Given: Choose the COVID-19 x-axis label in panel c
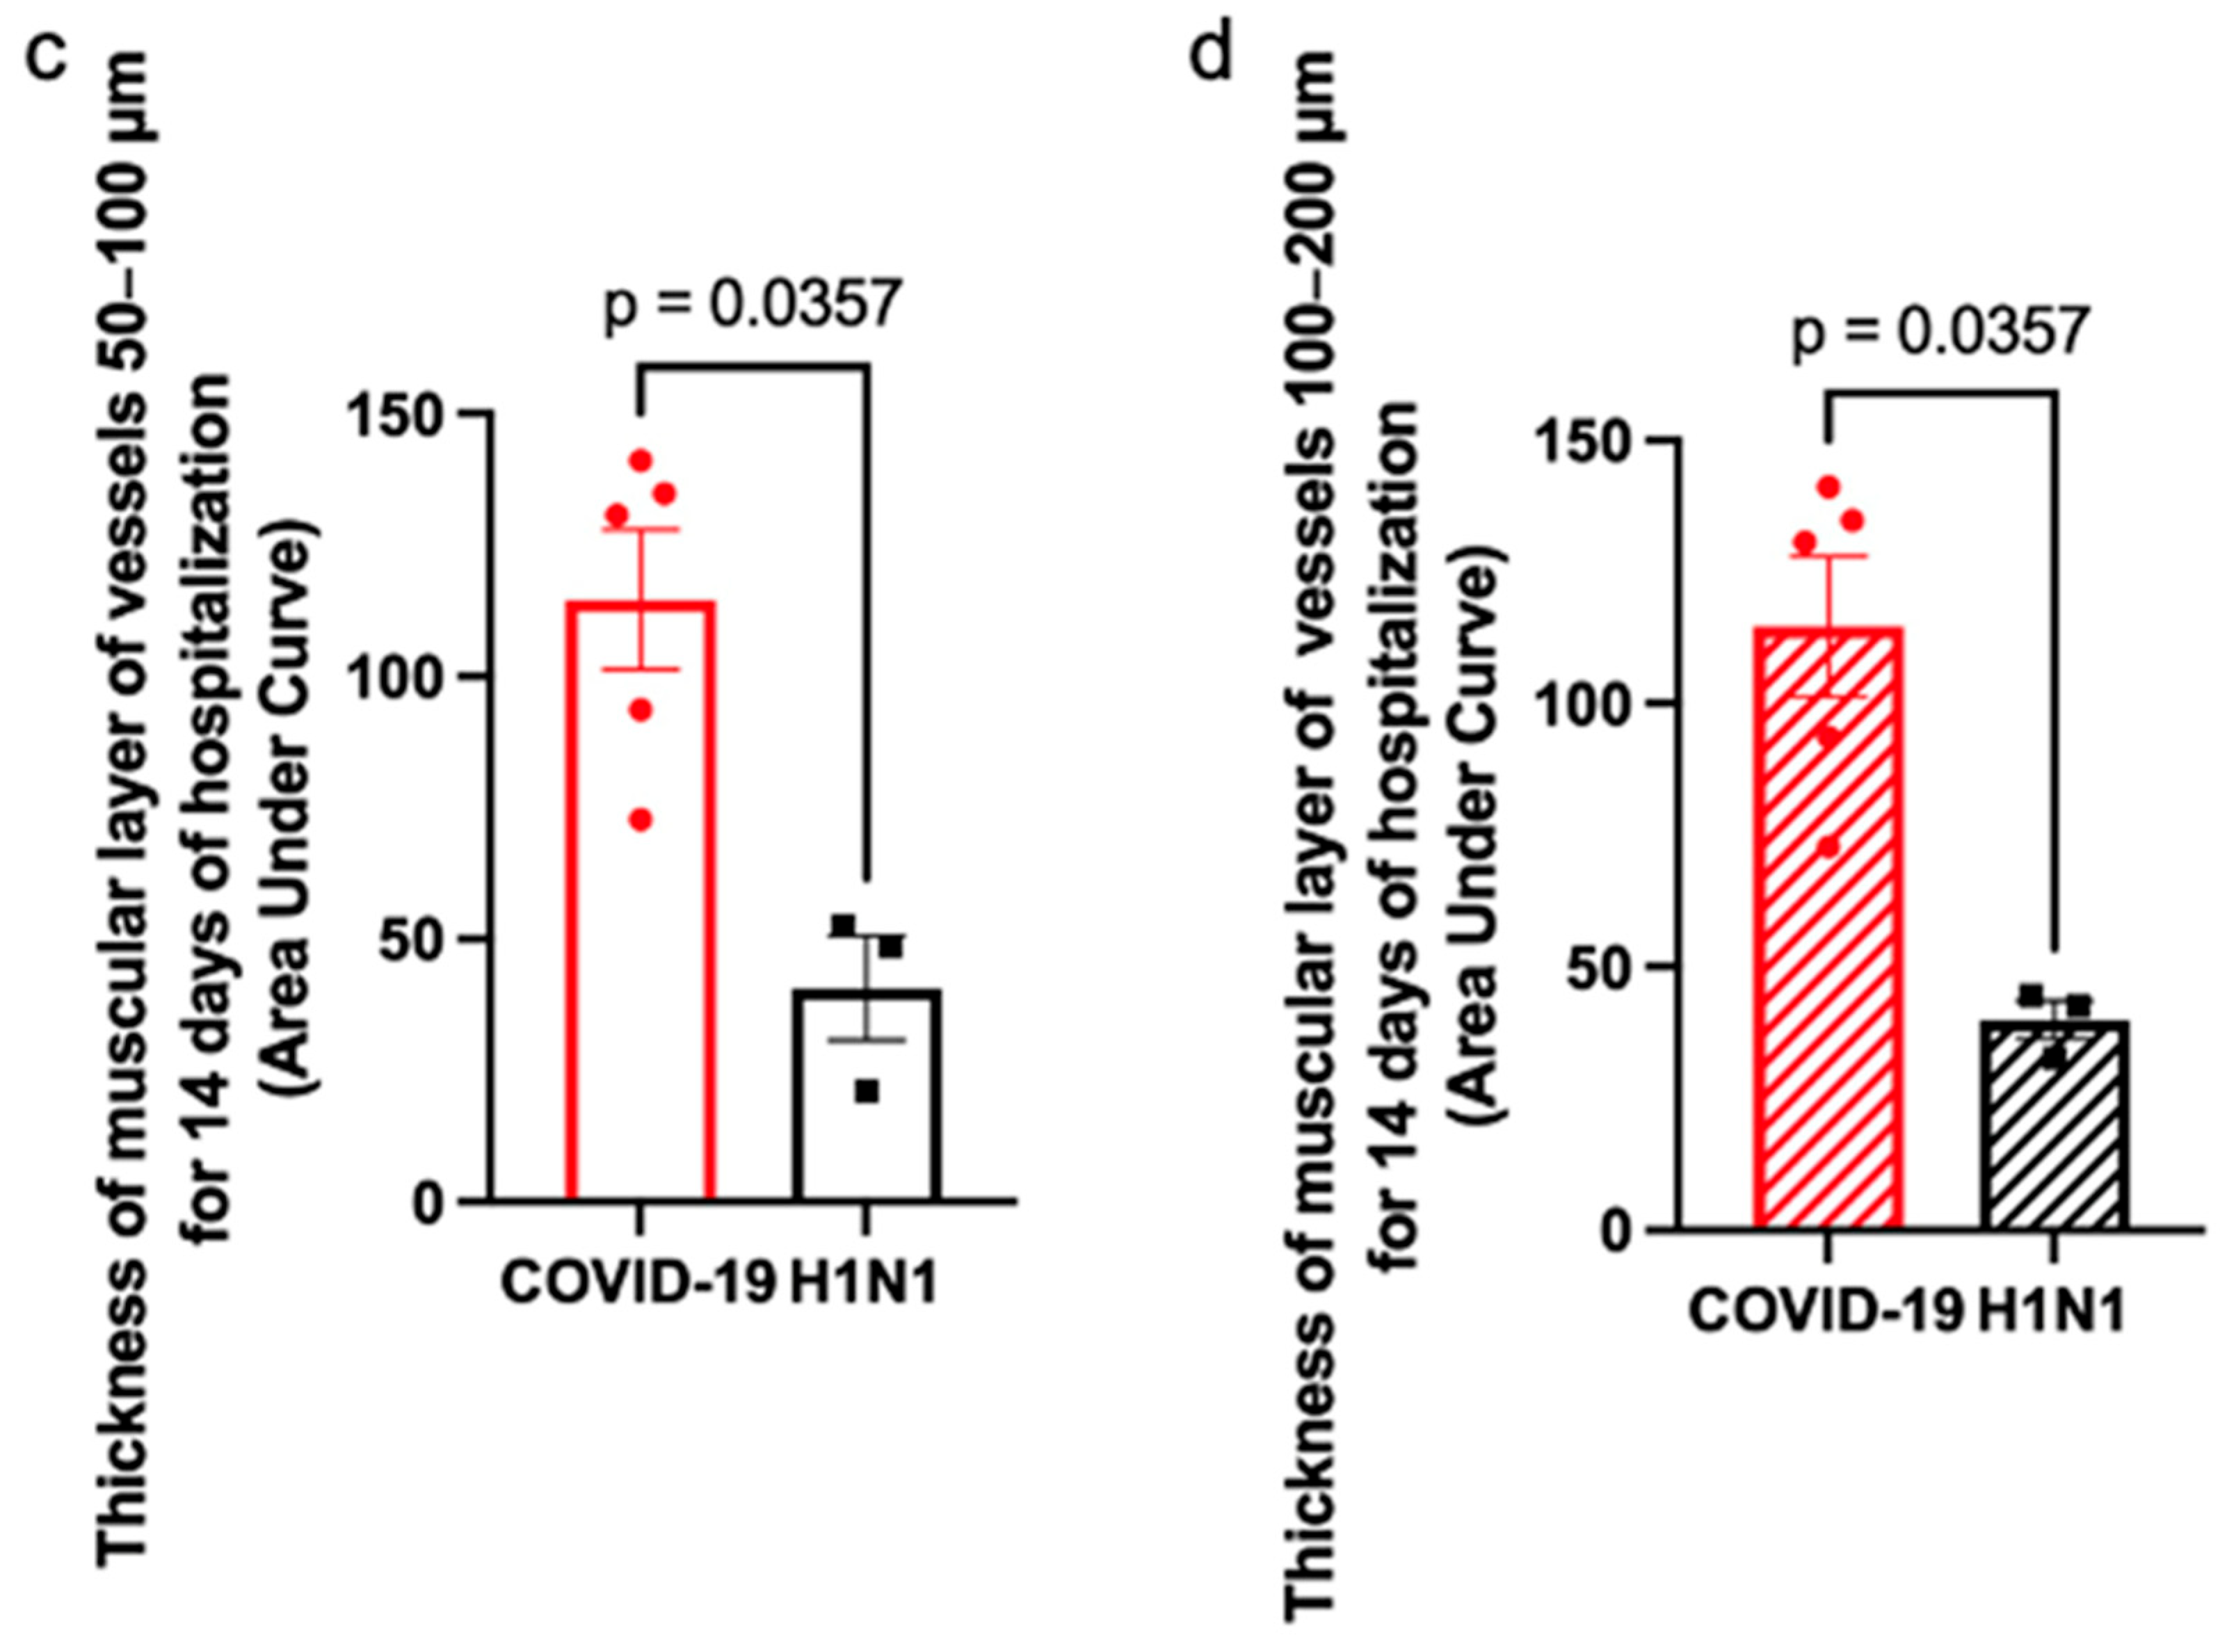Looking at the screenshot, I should point(637,1283).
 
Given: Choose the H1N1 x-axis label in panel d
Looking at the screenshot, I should point(2051,1311).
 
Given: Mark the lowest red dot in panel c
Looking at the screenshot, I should point(641,820).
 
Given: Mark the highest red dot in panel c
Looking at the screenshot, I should point(641,461).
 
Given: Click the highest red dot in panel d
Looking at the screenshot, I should point(1829,487).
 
